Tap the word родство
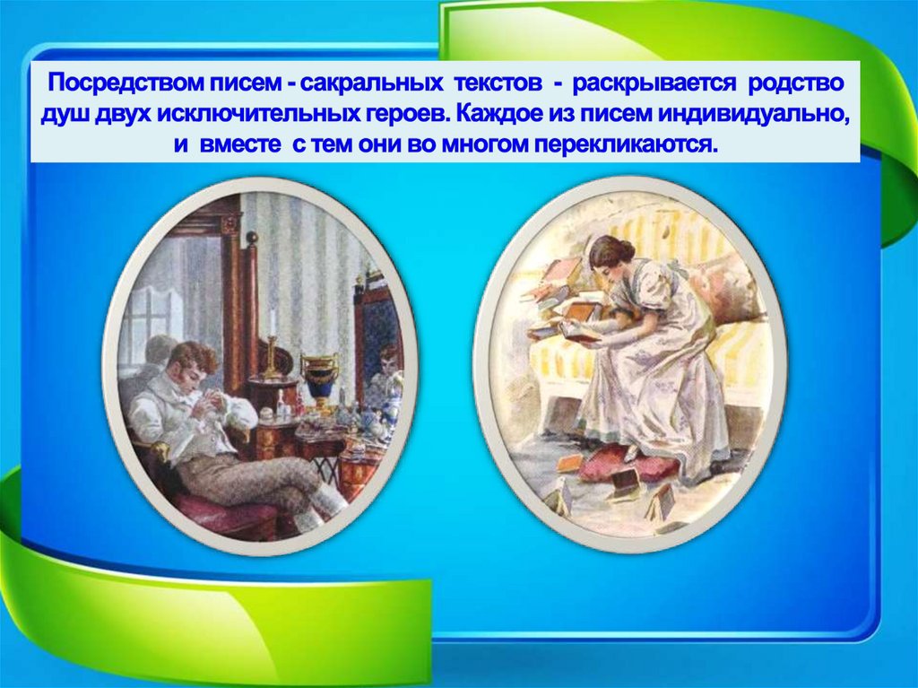(797, 84)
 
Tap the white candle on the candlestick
(271, 323)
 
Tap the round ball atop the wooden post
(252, 238)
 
